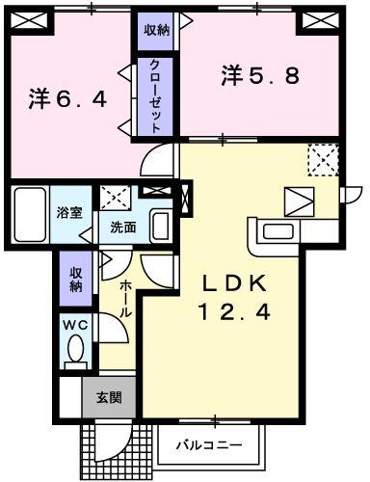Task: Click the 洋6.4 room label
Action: click(x=66, y=97)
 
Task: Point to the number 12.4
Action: click(x=238, y=311)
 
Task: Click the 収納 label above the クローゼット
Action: click(x=155, y=30)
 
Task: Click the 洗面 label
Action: click(x=121, y=228)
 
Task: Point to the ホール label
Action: click(x=126, y=300)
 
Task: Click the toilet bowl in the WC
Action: click(x=74, y=353)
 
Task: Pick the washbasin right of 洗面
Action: click(x=161, y=226)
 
